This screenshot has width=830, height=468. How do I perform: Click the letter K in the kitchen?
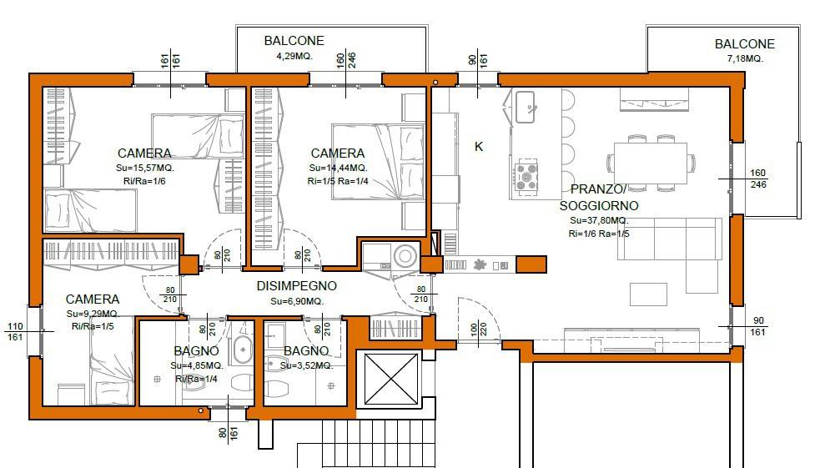pos(479,147)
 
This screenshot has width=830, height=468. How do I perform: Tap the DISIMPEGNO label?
pos(296,286)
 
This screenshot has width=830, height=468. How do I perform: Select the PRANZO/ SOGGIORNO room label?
pos(599,198)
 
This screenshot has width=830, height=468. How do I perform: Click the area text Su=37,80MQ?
pos(599,220)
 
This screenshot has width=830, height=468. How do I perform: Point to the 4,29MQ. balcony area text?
pos(294,56)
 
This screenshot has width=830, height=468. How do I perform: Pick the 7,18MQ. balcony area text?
pos(745,58)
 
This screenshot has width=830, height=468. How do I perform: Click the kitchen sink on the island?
pos(525,108)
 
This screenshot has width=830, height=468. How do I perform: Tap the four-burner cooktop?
pos(526,175)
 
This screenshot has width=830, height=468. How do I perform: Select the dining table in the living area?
pos(651,164)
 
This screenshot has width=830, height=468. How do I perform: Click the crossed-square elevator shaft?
pos(391,379)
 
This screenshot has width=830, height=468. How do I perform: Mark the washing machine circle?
pos(405,257)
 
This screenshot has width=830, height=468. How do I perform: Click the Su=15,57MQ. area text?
pos(145,168)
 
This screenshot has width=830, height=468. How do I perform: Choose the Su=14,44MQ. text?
pos(338,168)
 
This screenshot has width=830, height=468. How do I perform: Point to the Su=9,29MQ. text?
pos(93,314)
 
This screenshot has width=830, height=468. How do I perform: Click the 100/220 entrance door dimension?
pos(478,330)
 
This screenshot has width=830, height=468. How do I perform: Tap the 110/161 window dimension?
pos(15,332)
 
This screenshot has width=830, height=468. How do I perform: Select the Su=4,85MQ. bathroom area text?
pos(197,365)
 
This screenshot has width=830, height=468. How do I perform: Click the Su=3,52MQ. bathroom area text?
pos(306,365)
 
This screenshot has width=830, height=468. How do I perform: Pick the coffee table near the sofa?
pos(648,294)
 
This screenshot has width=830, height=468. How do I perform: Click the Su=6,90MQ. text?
pos(296,301)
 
